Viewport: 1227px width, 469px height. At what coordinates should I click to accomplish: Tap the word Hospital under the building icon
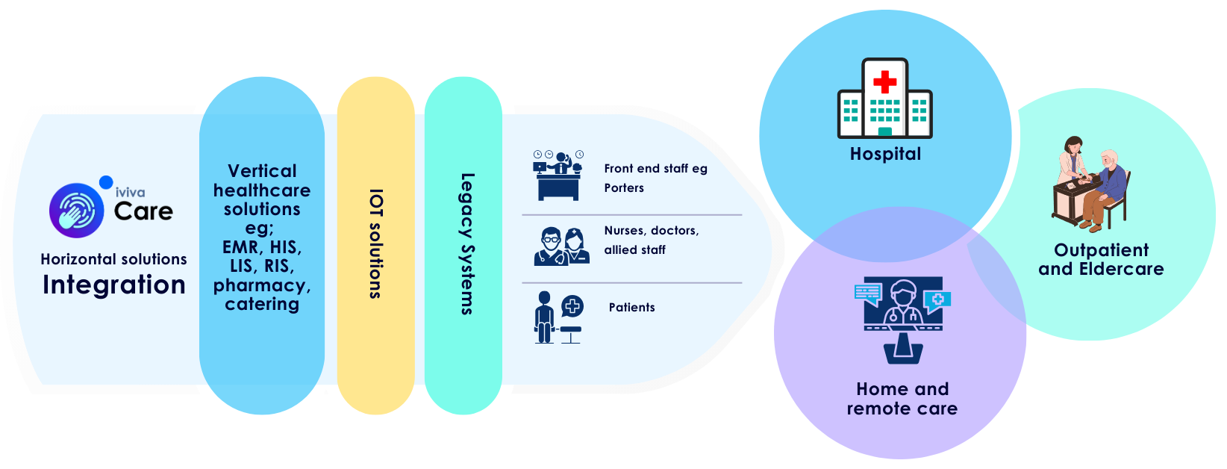tap(885, 154)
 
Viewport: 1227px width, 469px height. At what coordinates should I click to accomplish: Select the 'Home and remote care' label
tap(902, 399)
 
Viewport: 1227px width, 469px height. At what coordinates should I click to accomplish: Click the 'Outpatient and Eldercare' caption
tap(1101, 260)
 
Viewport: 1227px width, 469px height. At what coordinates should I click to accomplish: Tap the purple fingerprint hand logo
tap(76, 210)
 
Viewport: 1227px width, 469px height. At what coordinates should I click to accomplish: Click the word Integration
tap(113, 285)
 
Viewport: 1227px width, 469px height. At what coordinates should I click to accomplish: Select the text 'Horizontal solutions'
tap(113, 259)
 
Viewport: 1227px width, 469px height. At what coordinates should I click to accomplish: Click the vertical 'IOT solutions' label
tap(375, 244)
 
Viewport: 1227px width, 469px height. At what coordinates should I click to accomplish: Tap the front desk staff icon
tap(558, 176)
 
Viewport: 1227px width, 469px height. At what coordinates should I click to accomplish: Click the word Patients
tap(631, 307)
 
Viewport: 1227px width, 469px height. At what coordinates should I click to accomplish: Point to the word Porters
tap(624, 188)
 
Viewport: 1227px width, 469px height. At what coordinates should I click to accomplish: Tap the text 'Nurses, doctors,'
tap(652, 231)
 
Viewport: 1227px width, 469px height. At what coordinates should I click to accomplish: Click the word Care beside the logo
tap(143, 211)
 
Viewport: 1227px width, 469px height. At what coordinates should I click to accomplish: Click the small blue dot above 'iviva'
tap(106, 181)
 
